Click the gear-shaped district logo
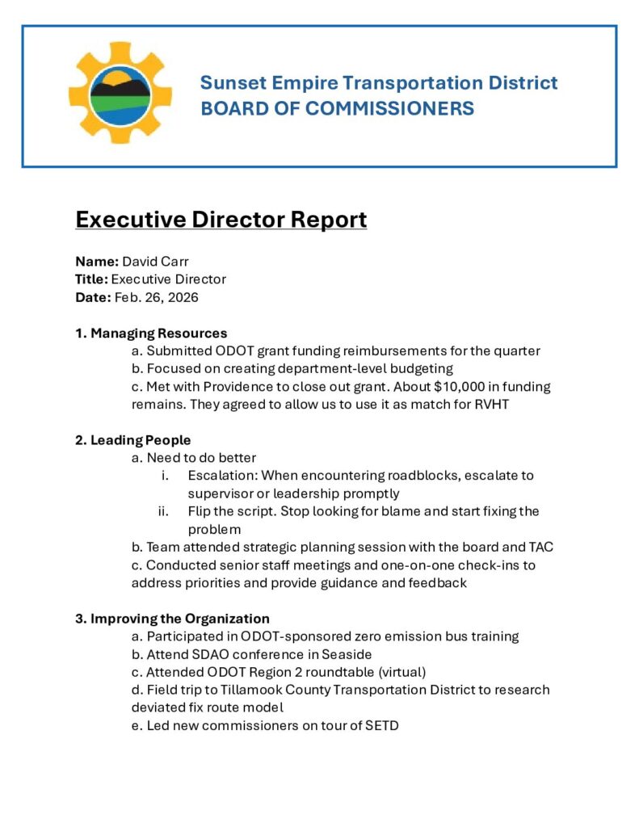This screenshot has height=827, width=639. coord(120,94)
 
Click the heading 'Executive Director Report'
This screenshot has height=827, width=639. coord(221,220)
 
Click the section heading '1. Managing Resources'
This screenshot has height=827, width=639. coord(151,333)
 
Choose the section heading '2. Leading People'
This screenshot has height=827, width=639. coord(132,440)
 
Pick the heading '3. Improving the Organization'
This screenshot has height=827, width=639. coord(172,619)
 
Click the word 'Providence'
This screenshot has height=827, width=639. coord(217,387)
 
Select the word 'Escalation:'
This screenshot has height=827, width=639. coord(222,476)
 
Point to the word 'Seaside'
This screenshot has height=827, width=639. coord(347,654)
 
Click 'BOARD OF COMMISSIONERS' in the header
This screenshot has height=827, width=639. coord(337,108)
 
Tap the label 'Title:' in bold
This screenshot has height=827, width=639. coord(91,279)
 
